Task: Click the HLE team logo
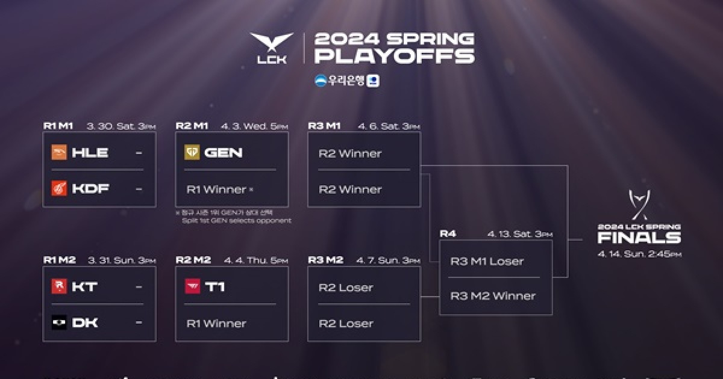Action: tap(59, 153)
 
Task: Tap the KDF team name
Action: tap(90, 189)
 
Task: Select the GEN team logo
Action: tap(192, 153)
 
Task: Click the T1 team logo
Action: tap(192, 287)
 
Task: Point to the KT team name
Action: tap(85, 287)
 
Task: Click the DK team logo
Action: tap(59, 322)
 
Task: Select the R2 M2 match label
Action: tap(193, 260)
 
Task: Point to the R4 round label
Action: tap(448, 233)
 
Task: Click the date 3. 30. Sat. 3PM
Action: tap(121, 126)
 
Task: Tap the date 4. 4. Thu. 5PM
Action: tap(256, 260)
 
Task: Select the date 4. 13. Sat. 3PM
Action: tap(520, 234)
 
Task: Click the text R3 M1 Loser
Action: tap(487, 261)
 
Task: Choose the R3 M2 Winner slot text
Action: tap(493, 296)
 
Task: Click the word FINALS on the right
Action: tap(639, 238)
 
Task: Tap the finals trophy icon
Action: tap(639, 205)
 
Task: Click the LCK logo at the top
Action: tap(272, 48)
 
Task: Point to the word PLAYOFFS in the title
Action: tap(395, 57)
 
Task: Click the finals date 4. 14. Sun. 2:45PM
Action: tap(639, 254)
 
